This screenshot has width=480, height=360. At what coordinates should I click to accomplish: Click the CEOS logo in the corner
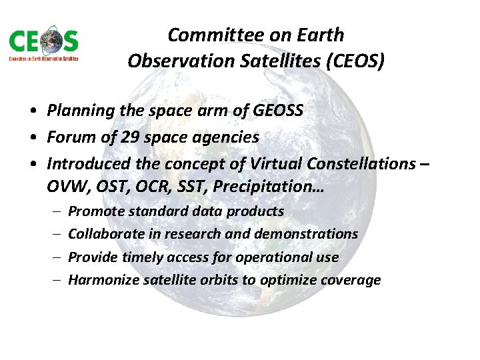[x=44, y=45]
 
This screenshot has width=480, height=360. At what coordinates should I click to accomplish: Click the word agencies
[x=227, y=137]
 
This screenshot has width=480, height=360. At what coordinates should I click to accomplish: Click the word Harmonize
[x=102, y=280]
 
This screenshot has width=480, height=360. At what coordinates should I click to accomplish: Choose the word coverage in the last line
[x=351, y=280]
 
